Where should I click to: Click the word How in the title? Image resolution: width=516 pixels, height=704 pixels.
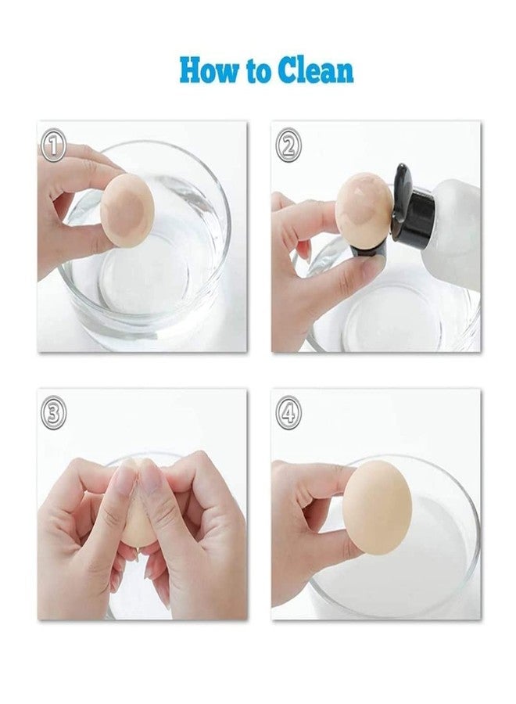click(206, 70)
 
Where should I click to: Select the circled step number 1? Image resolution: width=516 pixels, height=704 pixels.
click(54, 145)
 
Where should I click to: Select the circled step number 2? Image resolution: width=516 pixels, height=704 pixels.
click(288, 145)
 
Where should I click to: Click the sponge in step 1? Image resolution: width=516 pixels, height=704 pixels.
click(127, 210)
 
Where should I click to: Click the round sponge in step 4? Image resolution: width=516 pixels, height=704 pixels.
click(377, 502)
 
